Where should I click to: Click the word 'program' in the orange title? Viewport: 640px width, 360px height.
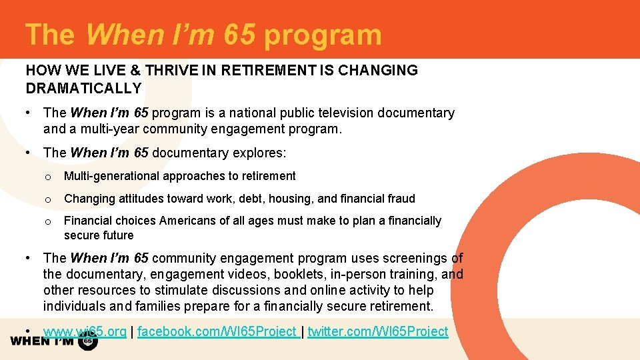[323, 35]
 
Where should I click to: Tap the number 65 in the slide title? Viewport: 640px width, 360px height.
[239, 35]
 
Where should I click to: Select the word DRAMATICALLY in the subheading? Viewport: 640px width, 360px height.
[84, 88]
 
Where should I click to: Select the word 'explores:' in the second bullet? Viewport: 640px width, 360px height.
[259, 153]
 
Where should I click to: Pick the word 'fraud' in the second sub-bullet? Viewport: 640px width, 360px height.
[399, 199]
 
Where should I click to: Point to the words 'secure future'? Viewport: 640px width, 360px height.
[99, 235]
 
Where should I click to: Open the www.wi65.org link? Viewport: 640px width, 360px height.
[85, 331]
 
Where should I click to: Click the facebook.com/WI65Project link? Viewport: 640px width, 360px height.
[217, 331]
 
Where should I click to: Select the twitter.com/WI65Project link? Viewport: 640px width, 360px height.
[378, 331]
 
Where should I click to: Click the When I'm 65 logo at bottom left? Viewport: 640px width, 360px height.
[53, 341]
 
